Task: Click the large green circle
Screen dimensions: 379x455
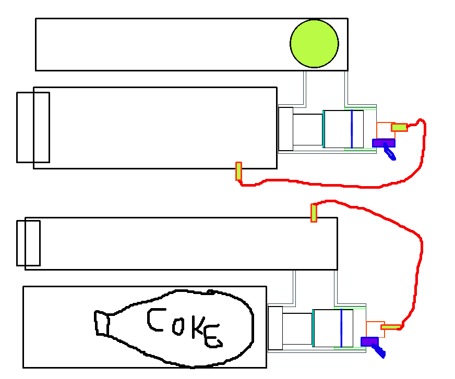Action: tap(314, 44)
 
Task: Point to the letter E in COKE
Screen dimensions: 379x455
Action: tap(212, 337)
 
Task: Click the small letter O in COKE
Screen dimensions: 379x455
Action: tap(178, 327)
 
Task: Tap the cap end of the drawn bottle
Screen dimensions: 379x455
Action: tap(101, 323)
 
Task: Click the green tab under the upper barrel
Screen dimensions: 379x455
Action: tap(238, 171)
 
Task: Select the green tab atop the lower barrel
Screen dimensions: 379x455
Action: tap(314, 213)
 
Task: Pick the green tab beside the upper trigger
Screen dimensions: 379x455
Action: tap(399, 127)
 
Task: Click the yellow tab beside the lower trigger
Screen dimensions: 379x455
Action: tap(391, 327)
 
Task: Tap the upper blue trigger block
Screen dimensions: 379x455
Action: tap(384, 143)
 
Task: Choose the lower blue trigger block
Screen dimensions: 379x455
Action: tap(369, 341)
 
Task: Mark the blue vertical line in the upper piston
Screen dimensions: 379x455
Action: tap(352, 129)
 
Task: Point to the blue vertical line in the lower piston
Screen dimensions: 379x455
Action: tap(341, 328)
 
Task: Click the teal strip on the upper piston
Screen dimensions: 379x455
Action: tap(324, 129)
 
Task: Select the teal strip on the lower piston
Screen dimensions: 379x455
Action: tap(313, 328)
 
